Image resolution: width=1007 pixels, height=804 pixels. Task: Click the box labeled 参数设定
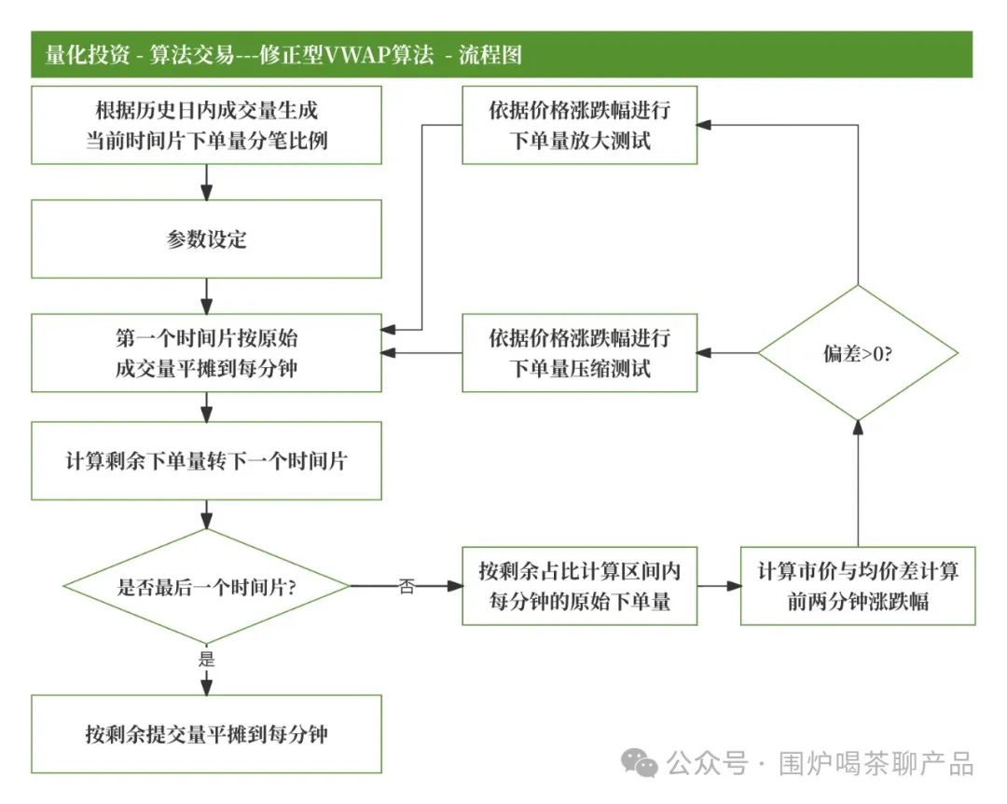tap(206, 239)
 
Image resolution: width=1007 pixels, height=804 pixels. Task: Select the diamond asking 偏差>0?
tap(857, 353)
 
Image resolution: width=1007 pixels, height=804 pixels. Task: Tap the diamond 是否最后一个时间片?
tap(206, 586)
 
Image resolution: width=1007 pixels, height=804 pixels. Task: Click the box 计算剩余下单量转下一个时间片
tap(206, 460)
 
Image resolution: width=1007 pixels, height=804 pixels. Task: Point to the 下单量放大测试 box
tap(579, 125)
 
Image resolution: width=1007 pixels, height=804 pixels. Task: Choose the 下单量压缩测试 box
tap(579, 352)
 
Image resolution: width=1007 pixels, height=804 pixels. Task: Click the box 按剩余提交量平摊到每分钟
tap(206, 733)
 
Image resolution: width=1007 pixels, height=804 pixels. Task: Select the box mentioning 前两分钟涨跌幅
tap(857, 585)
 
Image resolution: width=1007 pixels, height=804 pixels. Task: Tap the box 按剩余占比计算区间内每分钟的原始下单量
tap(579, 585)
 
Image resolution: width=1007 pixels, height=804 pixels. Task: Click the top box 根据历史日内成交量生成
tap(206, 125)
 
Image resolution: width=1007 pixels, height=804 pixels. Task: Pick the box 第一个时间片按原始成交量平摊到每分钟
tap(206, 352)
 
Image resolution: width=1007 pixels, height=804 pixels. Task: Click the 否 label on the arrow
tap(407, 588)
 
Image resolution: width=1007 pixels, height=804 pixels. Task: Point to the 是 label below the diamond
tap(206, 660)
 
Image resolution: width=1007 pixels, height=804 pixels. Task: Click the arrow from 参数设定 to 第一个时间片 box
tap(206, 295)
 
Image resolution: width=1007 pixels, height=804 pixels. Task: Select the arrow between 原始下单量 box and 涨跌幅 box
tap(719, 586)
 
